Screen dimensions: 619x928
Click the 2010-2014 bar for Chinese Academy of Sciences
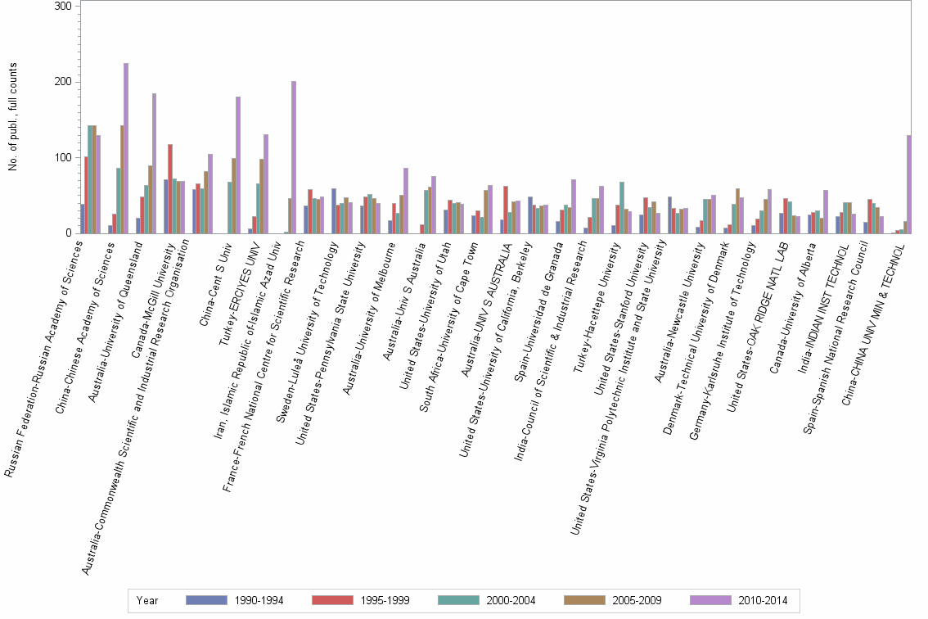coord(126,148)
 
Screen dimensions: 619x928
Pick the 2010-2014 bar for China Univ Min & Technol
coord(909,184)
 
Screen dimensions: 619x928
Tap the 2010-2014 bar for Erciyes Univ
coord(266,184)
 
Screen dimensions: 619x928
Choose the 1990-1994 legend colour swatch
coord(206,600)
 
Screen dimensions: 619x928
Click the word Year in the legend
coord(148,600)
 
